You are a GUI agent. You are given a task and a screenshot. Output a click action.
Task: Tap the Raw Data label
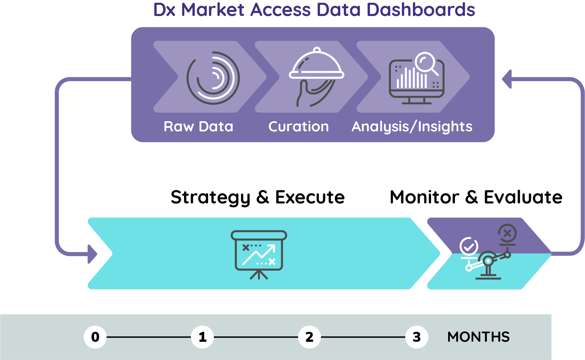tap(198, 127)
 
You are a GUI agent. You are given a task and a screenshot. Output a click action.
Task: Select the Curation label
tap(299, 127)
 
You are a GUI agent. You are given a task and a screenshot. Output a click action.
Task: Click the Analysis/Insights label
tap(412, 127)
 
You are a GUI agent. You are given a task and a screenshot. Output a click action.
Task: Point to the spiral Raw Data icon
tap(213, 78)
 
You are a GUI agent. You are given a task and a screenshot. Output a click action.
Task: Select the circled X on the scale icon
tap(507, 234)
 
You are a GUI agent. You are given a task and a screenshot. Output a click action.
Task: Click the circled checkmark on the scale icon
tap(469, 246)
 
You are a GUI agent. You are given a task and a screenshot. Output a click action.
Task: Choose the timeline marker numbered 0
tap(95, 337)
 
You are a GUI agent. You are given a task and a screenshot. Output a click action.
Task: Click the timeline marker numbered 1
tap(202, 337)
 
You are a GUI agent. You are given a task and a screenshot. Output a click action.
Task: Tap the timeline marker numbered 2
tap(309, 337)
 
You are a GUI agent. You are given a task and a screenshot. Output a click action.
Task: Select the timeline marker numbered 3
tap(416, 337)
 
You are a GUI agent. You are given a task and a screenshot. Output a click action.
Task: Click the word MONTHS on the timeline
tap(478, 337)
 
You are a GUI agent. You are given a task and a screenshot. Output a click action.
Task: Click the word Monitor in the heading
tap(424, 197)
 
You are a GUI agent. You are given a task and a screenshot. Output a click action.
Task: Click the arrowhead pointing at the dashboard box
tap(507, 79)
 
